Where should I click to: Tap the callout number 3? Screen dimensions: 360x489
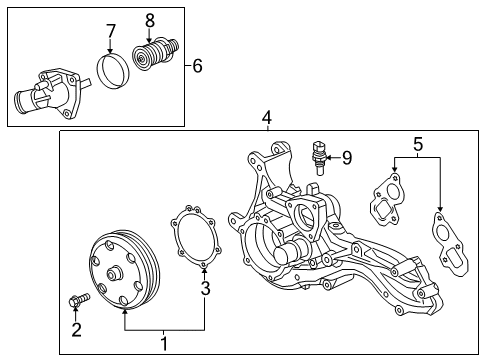pos(205,290)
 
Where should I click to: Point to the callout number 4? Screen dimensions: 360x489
pos(267,119)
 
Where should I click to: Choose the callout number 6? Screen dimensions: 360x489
pos(197,66)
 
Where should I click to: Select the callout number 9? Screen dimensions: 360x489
pos(347,156)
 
